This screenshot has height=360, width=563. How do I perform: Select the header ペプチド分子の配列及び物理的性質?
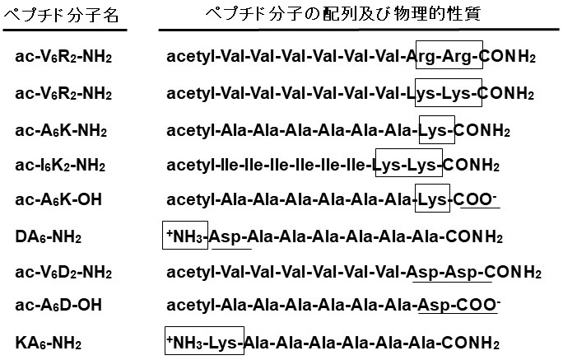(x=354, y=15)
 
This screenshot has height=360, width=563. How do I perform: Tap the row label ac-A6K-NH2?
(x=61, y=130)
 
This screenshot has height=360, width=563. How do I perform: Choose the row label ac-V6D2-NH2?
(x=63, y=272)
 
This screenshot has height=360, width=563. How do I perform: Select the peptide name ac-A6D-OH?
(x=58, y=306)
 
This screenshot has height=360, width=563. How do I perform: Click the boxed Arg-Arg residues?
(x=449, y=57)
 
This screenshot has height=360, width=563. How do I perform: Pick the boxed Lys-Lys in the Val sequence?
(x=449, y=93)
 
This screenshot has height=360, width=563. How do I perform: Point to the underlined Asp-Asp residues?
(x=449, y=272)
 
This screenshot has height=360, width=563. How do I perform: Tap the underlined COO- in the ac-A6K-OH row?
(x=481, y=201)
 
